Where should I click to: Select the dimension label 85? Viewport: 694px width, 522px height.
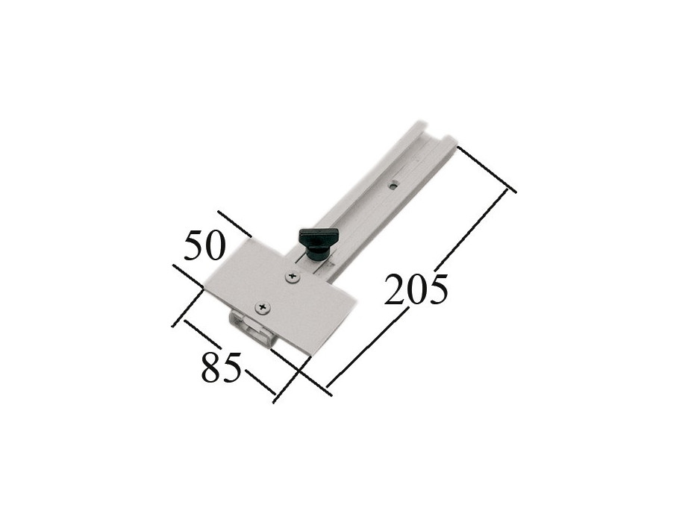pyautogui.click(x=222, y=367)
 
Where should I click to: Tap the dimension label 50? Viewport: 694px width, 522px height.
pyautogui.click(x=204, y=245)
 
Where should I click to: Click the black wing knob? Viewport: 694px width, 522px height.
pyautogui.click(x=318, y=244)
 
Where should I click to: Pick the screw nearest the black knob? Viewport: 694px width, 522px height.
pyautogui.click(x=292, y=277)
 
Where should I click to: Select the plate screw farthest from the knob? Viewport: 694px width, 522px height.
pyautogui.click(x=263, y=306)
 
